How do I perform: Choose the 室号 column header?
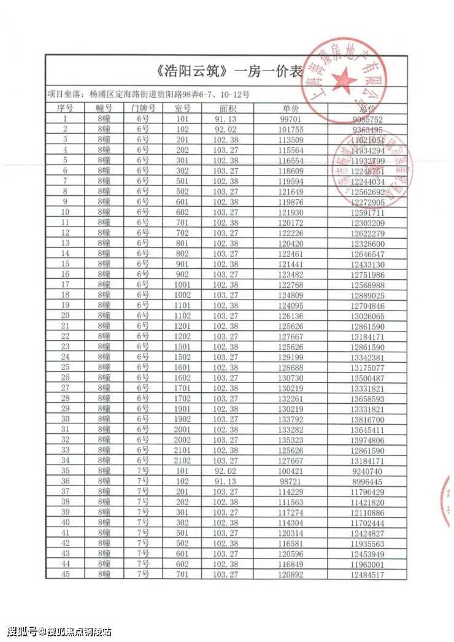coord(182,108)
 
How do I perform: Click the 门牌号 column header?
coord(143,108)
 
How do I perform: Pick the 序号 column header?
coord(65,108)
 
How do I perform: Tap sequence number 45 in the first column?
coord(65,575)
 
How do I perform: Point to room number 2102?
coord(182,460)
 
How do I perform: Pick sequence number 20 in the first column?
coord(65,315)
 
